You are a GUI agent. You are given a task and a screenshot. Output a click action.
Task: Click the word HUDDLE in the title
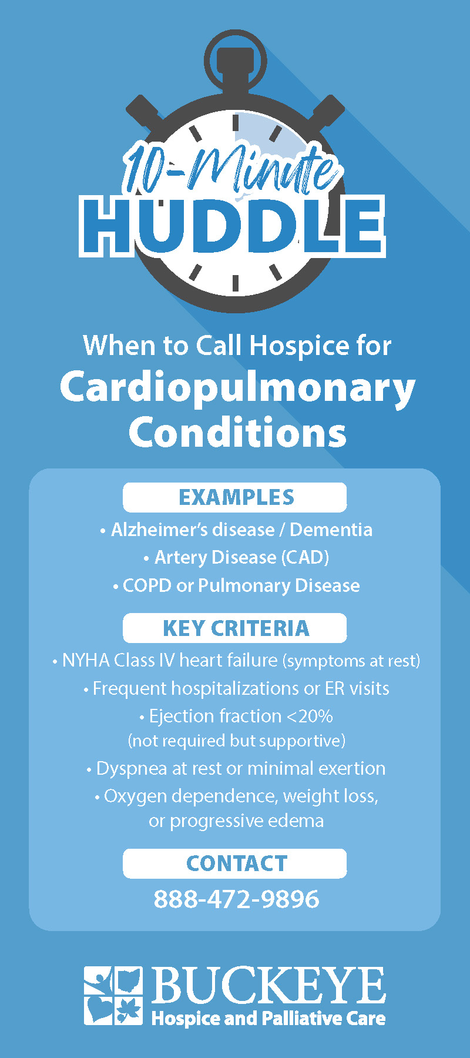pos(233,226)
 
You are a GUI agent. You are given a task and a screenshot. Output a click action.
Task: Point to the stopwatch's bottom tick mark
pos(235,283)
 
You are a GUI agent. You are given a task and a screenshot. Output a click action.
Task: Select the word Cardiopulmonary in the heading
pos(237,388)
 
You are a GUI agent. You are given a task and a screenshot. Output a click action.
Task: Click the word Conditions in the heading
pos(237,433)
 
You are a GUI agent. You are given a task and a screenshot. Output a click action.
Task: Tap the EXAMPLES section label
pos(236,497)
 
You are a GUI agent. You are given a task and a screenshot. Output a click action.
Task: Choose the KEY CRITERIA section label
pos(236,628)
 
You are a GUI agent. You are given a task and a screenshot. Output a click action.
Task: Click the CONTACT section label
pos(236,863)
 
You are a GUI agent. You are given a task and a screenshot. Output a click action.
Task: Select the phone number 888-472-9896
pos(236,899)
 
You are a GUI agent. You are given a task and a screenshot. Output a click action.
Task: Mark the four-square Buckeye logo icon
pos(113,996)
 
